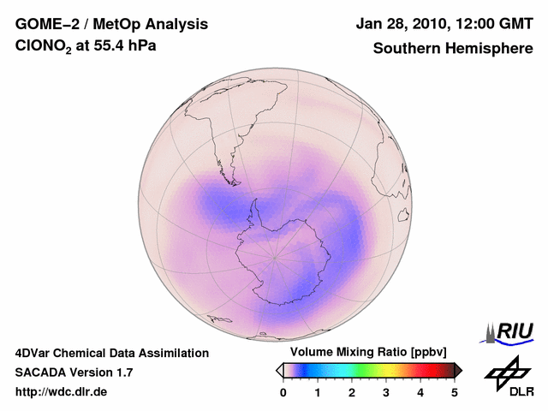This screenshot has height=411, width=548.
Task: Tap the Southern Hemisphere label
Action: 453,48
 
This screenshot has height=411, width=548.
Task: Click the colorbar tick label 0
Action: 283,392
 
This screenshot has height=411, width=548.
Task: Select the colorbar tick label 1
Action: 318,392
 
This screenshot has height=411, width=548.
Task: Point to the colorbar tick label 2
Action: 352,392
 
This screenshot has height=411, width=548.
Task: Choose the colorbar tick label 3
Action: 386,392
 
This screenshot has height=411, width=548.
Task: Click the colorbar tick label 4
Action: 420,392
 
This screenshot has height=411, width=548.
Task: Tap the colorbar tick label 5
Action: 455,392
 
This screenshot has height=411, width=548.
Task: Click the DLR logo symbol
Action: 507,371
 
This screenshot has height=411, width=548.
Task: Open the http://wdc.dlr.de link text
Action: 61,392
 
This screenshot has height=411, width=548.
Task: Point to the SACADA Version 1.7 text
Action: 74,372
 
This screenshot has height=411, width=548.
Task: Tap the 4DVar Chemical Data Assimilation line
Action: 111,353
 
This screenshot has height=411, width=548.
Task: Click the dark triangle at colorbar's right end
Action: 458,370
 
